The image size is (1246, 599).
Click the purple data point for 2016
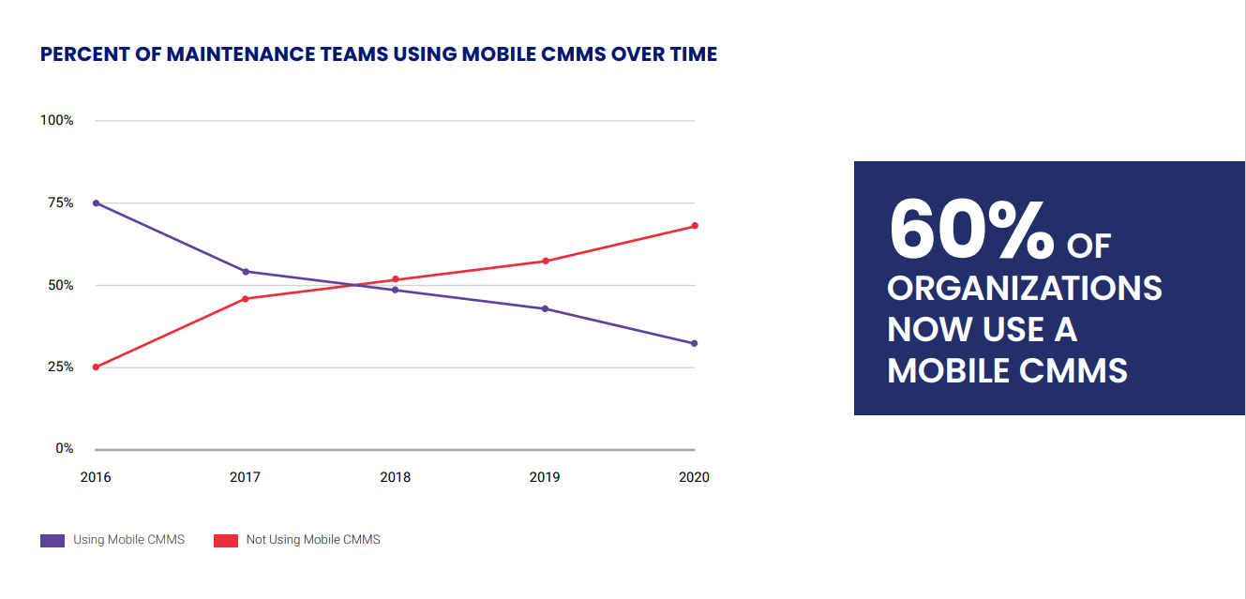tap(96, 202)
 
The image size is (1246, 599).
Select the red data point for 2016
tap(96, 367)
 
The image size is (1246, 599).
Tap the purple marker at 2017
tap(246, 272)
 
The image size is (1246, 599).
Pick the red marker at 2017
tap(246, 299)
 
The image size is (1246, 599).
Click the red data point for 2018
tap(396, 279)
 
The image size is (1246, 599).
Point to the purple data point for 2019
tap(545, 308)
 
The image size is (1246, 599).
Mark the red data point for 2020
tap(695, 226)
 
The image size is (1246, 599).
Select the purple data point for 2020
tap(695, 343)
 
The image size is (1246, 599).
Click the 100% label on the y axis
tap(56, 121)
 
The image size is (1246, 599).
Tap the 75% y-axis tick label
tap(59, 202)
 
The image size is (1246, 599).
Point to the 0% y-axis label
tap(64, 448)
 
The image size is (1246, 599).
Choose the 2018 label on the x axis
tap(395, 477)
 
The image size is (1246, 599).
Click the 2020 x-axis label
tap(694, 477)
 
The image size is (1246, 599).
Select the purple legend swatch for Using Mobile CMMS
tap(53, 540)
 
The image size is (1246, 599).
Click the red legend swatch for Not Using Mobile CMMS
tap(226, 540)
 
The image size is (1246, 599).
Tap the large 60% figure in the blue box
tap(971, 230)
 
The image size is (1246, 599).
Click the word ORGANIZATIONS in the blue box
tap(1025, 288)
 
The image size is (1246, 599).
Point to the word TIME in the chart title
tap(692, 54)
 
